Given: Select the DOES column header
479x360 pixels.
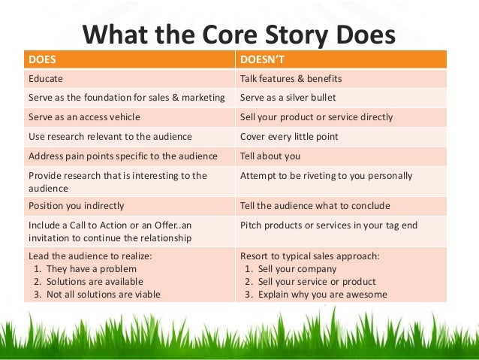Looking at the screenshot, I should click(41, 59).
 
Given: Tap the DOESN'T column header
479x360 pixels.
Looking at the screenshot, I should click(262, 59).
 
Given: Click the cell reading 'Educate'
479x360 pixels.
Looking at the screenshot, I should click(46, 78).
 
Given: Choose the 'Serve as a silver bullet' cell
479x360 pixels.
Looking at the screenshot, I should click(288, 98).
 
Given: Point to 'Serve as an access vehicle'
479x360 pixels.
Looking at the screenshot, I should click(84, 117).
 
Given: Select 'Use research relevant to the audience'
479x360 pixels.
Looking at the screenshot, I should click(110, 137).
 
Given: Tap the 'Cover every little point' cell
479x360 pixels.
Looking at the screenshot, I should click(289, 137).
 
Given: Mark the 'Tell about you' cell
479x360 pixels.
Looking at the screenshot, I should click(270, 156).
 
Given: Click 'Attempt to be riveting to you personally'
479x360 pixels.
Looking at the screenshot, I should click(326, 176).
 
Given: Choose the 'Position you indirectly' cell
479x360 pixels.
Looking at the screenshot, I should click(76, 206).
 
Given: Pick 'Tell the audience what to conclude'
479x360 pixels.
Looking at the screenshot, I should click(315, 206).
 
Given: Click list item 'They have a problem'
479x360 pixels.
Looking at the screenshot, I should click(92, 268).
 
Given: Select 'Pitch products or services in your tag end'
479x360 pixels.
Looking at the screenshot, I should click(328, 225).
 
